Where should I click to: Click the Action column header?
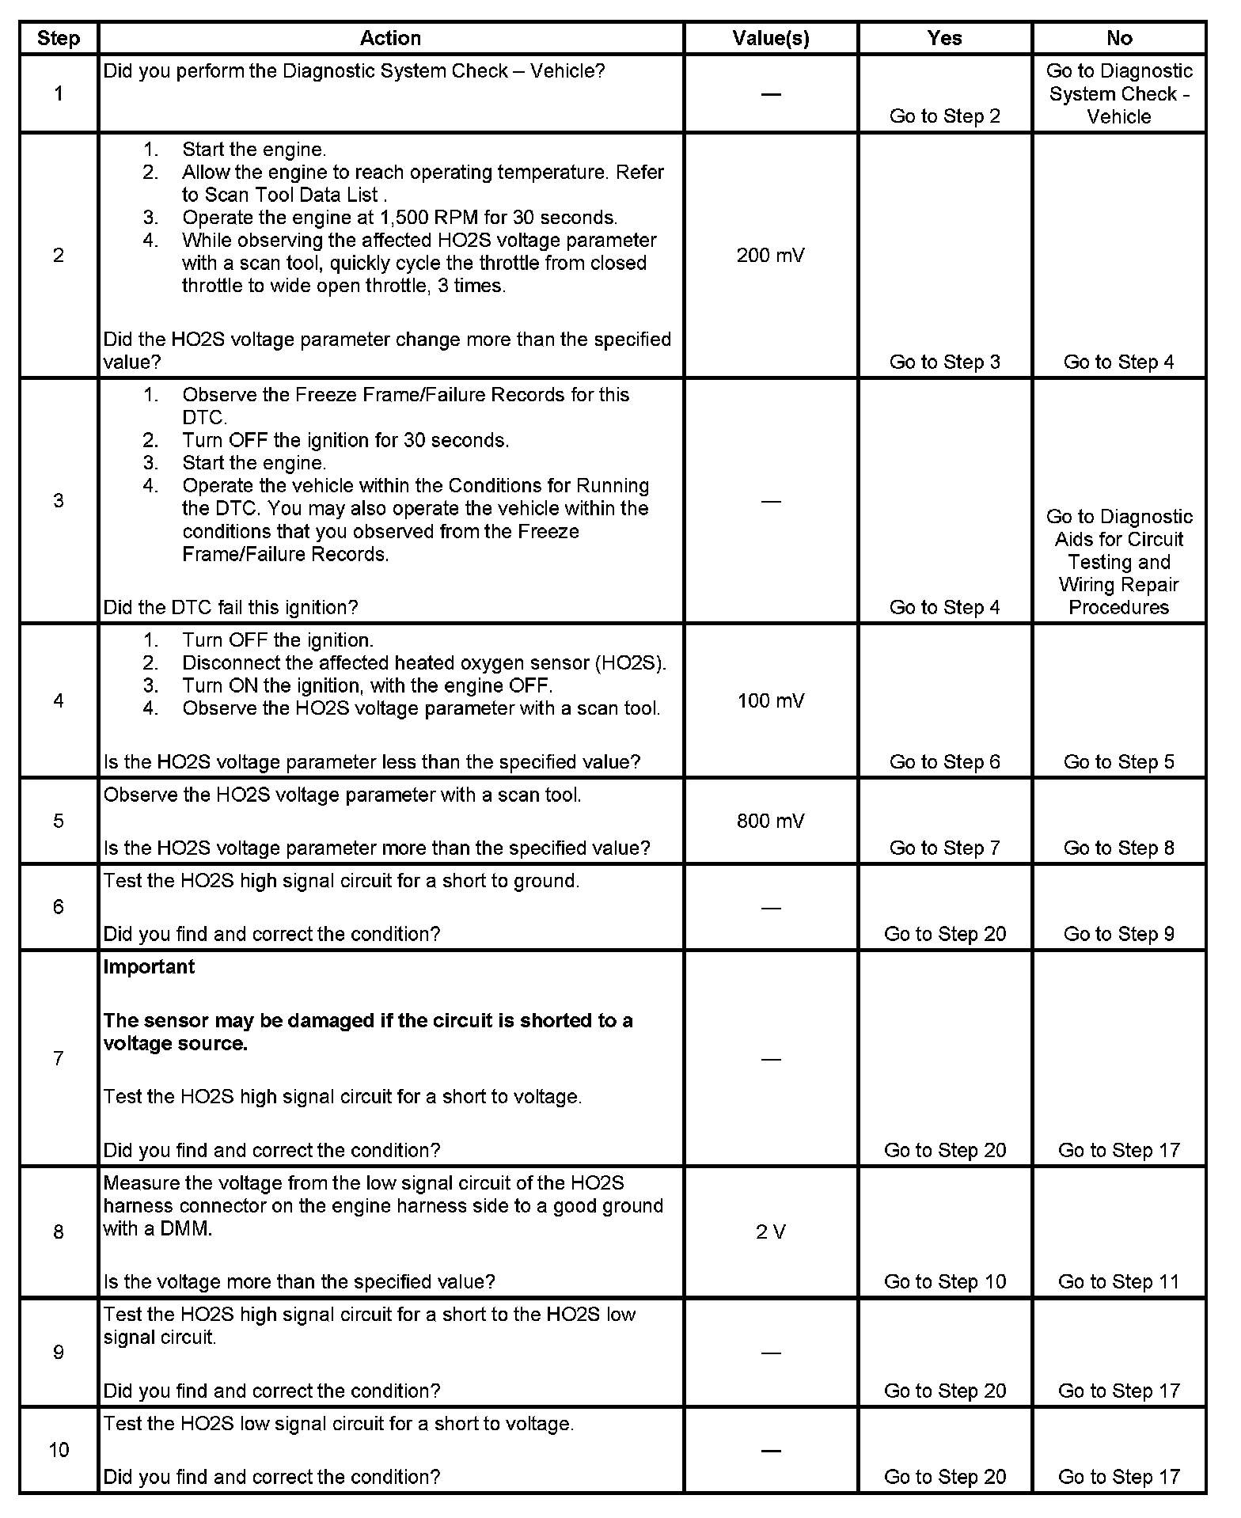pos(390,38)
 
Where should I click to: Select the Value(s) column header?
pos(770,38)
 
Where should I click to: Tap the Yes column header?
pos(944,38)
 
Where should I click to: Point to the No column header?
pos(1119,38)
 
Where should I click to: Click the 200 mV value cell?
pos(770,256)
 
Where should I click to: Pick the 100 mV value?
pos(770,700)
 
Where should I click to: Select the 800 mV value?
pos(770,821)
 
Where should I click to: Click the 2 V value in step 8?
pos(770,1231)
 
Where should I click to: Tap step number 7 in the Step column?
pos(59,1058)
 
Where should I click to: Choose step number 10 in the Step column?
pos(59,1449)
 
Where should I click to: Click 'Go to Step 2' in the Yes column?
pos(944,116)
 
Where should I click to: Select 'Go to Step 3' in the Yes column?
pos(944,362)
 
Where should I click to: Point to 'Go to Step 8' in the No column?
pos(1118,848)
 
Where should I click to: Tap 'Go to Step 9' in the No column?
pos(1118,934)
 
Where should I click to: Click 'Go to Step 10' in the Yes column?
pos(944,1281)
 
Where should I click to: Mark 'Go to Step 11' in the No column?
pos(1118,1281)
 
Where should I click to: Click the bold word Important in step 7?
pos(149,966)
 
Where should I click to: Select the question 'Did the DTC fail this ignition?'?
pos(230,607)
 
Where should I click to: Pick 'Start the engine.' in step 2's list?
pos(253,150)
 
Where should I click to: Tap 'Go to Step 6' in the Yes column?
pos(944,761)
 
